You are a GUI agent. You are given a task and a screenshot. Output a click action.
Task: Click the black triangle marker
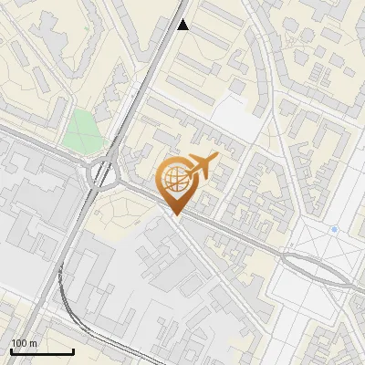pos(183,25)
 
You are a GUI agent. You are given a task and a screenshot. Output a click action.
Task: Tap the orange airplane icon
pos(201,166)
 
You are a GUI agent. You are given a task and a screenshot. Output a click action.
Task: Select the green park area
pos(84,130)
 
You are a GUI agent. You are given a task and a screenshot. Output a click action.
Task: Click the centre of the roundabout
pos(102,172)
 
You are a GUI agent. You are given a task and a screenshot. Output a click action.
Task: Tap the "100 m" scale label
pos(24,343)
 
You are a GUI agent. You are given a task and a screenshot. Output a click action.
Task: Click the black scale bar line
pos(42,351)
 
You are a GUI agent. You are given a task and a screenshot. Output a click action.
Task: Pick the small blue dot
pos(335,228)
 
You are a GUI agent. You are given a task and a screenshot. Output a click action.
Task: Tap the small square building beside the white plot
pos(237,88)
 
